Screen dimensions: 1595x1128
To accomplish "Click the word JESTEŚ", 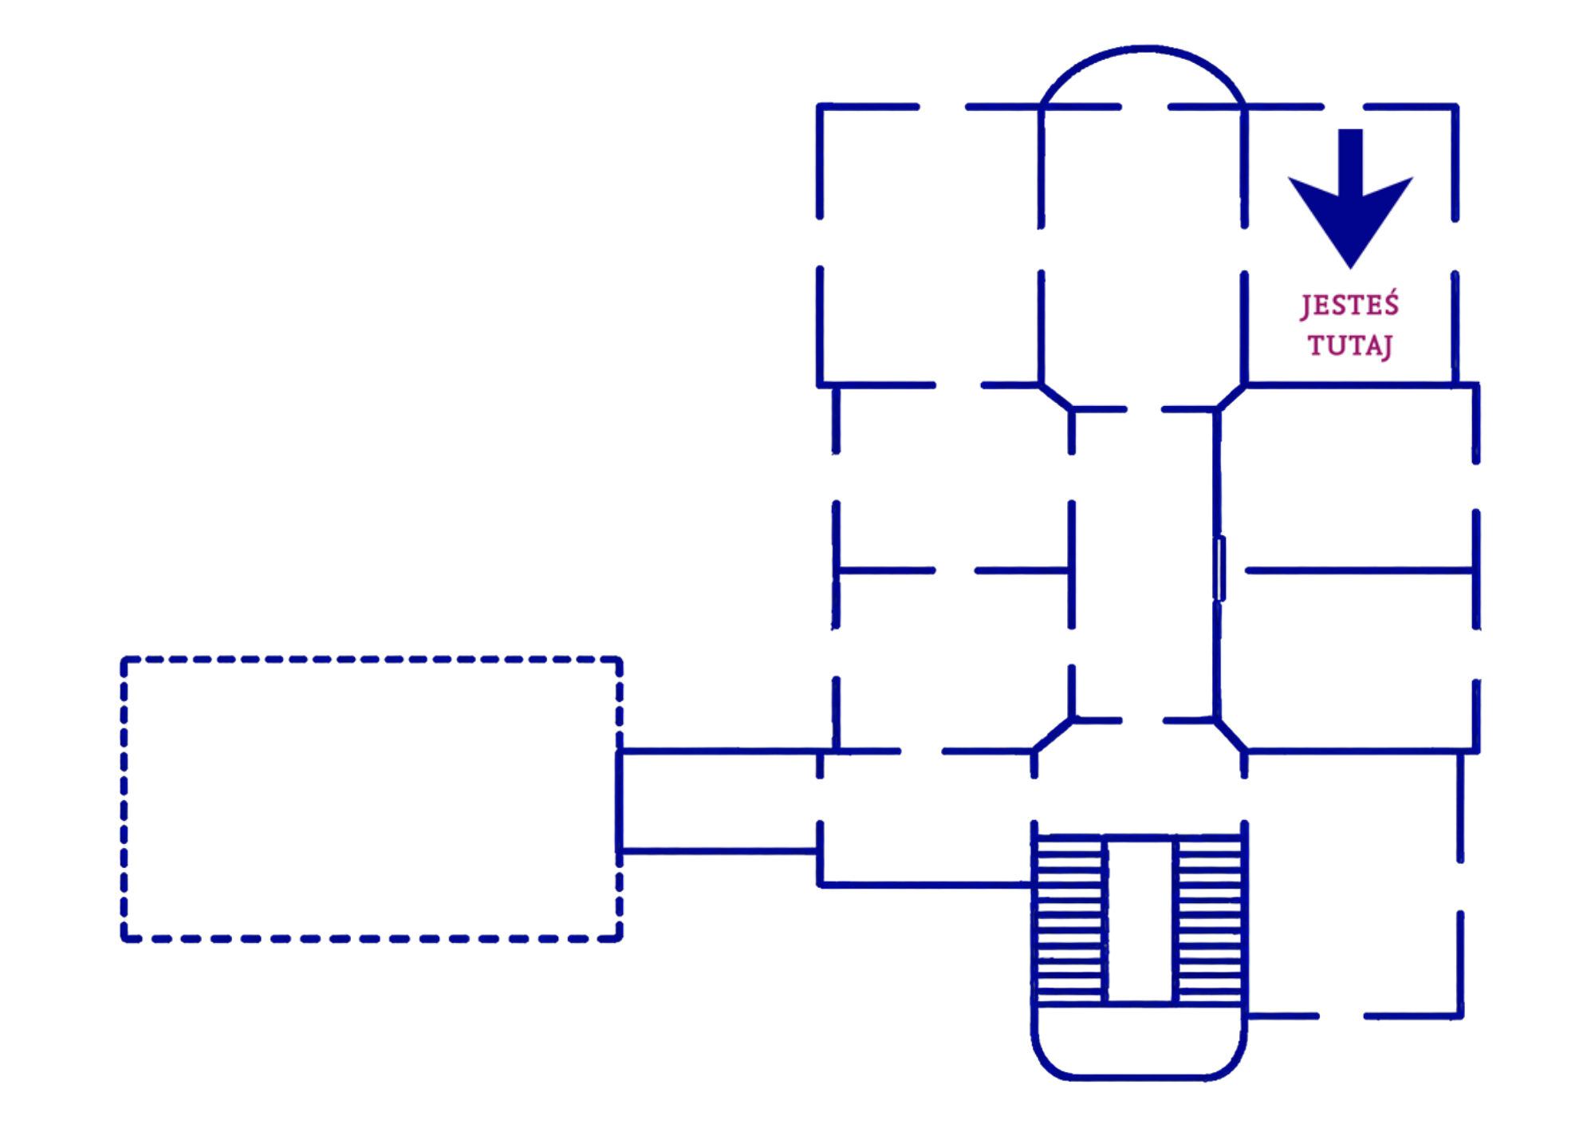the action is pos(1349,306).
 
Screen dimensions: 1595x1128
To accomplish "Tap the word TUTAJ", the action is pos(1350,346).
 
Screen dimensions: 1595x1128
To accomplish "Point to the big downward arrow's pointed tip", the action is pos(1350,268).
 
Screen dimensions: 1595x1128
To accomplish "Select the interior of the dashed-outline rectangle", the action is pos(372,799).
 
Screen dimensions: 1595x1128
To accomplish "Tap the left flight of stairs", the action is pos(1069,918).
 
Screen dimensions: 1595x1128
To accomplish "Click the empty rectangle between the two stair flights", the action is pos(1140,920).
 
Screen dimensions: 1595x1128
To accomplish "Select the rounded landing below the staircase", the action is pos(1139,1077).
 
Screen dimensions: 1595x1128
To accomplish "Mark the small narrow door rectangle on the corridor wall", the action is pos(1219,569).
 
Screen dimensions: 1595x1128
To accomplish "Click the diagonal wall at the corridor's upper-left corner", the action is pos(1057,397).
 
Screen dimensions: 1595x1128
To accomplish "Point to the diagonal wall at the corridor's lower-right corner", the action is pos(1231,735).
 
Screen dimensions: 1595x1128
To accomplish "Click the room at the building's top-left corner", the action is pos(930,246).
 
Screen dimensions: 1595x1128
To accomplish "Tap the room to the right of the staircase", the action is pos(1353,884).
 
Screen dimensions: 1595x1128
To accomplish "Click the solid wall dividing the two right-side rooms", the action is pos(1359,570).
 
